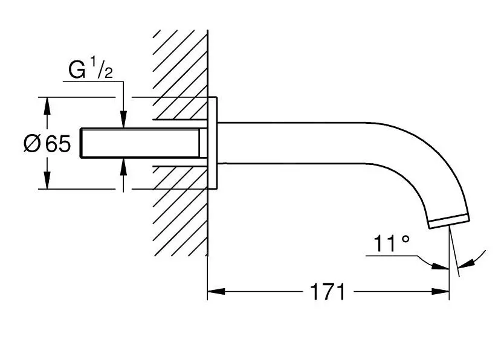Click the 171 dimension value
tap(328, 292)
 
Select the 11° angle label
tap(391, 244)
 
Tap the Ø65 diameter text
tap(47, 144)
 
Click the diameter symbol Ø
tap(33, 144)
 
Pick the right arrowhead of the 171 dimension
tap(442, 292)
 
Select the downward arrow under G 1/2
tap(123, 120)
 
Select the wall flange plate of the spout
tap(213, 143)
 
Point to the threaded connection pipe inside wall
tap(142, 143)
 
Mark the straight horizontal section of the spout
tap(302, 143)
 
